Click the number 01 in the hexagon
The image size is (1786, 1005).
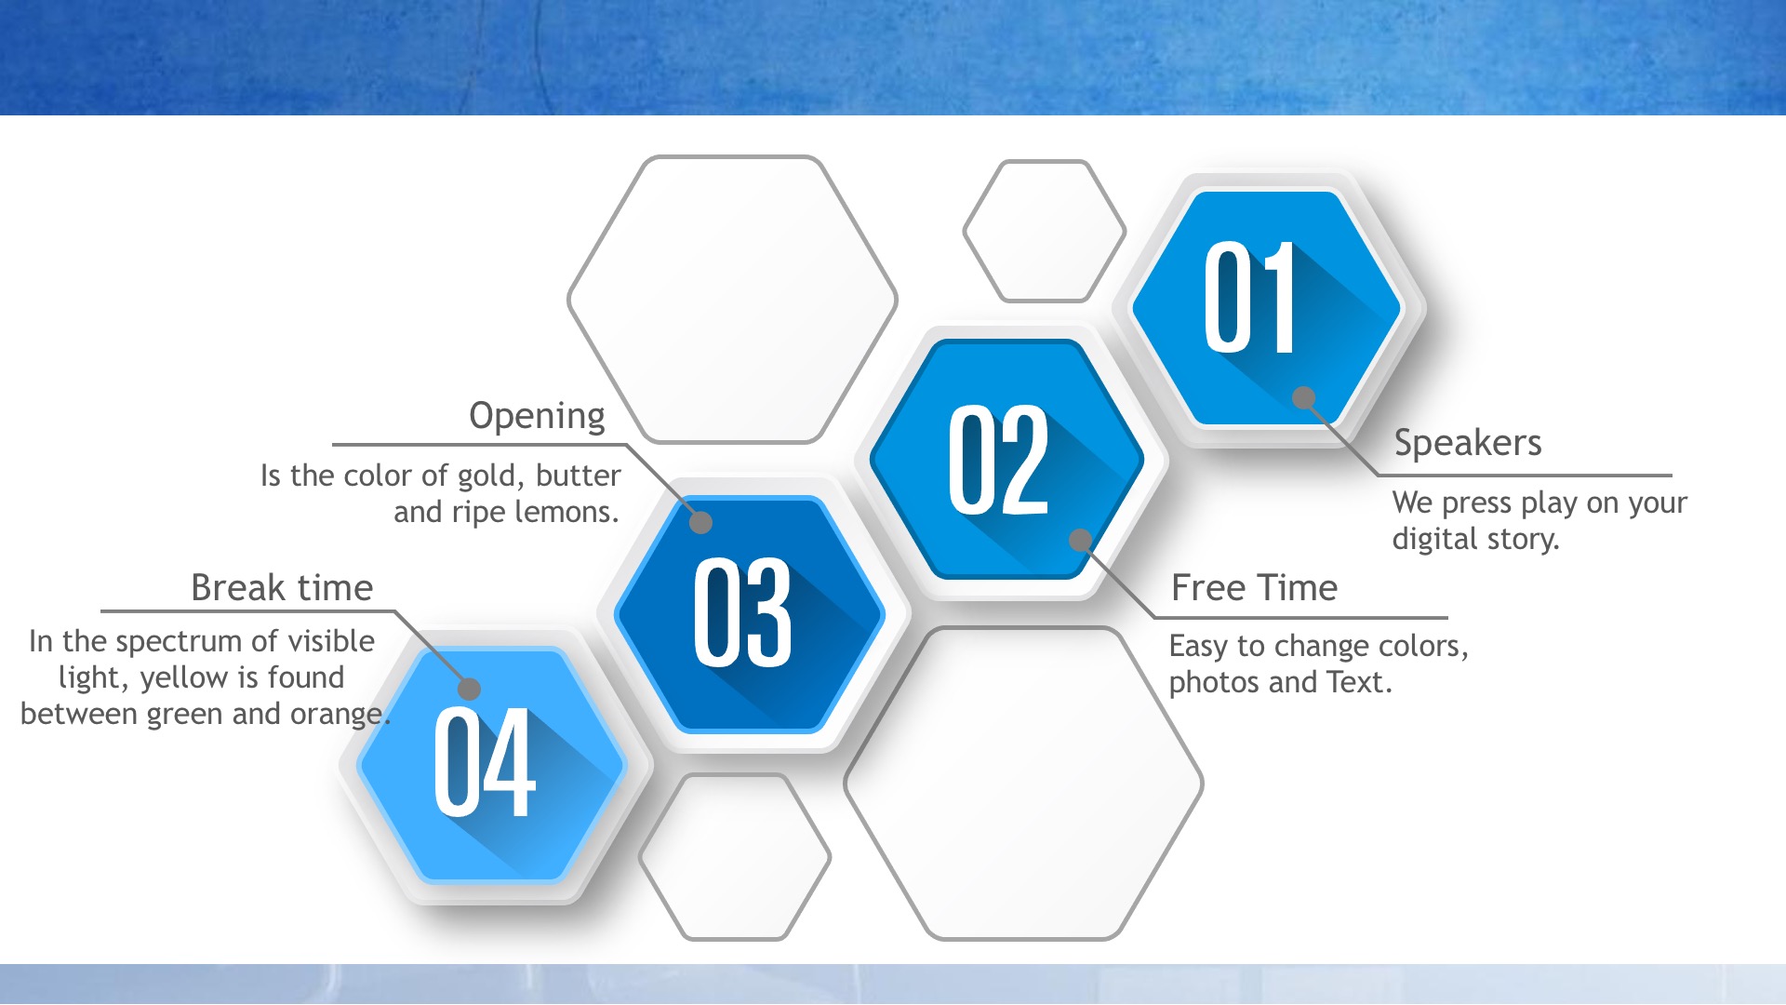(x=1249, y=298)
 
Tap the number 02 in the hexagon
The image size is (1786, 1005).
(x=998, y=460)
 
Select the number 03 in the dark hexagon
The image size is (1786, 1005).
(x=742, y=612)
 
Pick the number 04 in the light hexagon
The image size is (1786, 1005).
(x=485, y=762)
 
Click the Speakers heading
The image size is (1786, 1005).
(x=1468, y=444)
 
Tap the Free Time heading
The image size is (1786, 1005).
(x=1254, y=588)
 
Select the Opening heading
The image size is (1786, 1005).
(x=537, y=416)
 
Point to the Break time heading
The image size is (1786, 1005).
(x=282, y=588)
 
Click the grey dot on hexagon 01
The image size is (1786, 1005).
(x=1304, y=398)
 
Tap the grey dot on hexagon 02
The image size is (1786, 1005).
(x=1080, y=540)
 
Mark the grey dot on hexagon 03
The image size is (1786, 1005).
(x=700, y=522)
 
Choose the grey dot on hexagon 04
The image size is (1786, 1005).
(x=470, y=689)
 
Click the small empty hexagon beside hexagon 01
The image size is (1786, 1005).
(x=1044, y=231)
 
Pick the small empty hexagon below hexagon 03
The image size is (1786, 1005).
(x=735, y=857)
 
